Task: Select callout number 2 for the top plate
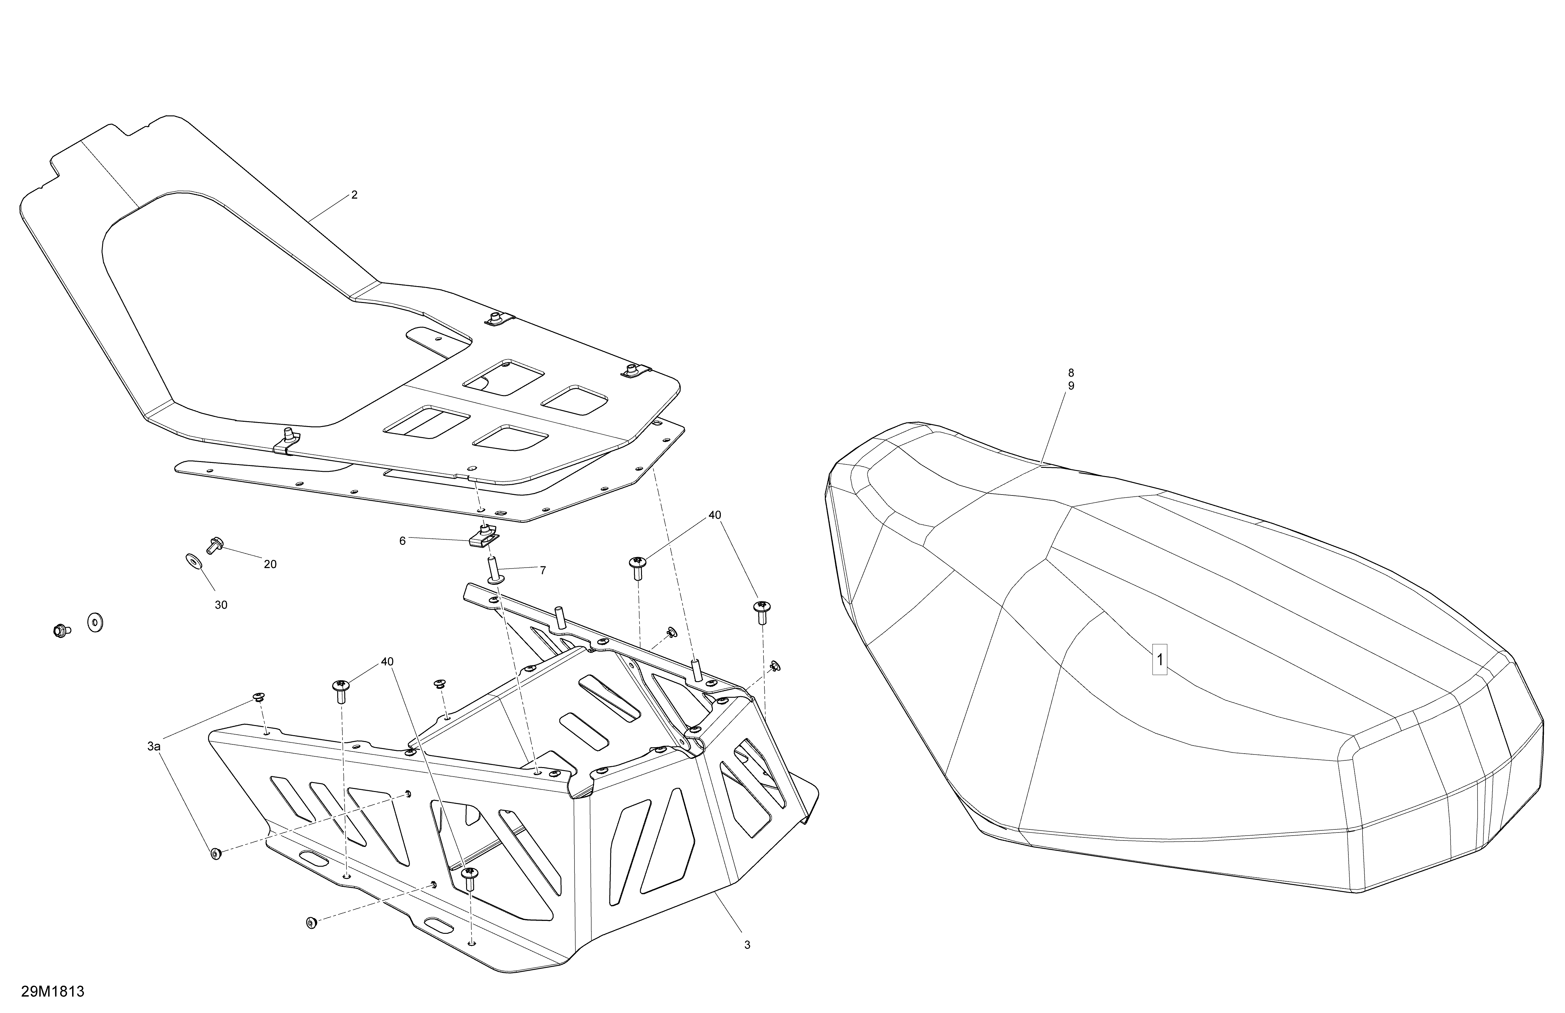coord(354,195)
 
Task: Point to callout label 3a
coord(154,747)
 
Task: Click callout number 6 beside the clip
coord(402,541)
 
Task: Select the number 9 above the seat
coord(1071,386)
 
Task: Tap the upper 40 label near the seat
coord(715,516)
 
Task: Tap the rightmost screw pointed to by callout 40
coord(763,612)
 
